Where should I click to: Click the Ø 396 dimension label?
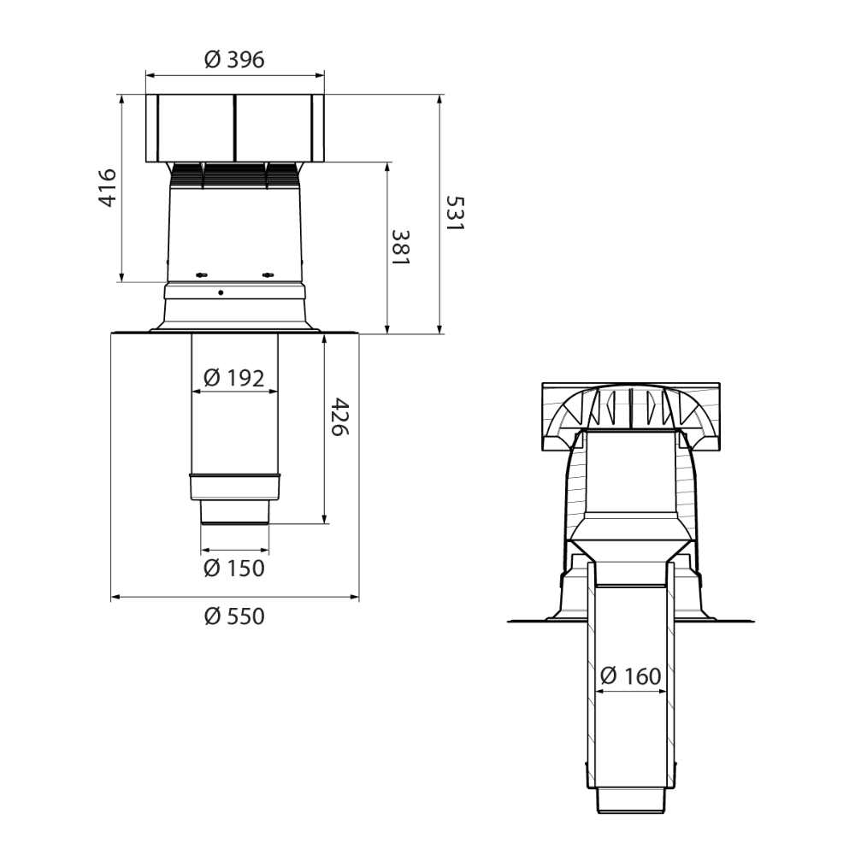[x=234, y=60]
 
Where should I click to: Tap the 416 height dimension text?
[x=107, y=187]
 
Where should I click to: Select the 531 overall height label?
[x=455, y=214]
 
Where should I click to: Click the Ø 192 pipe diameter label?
[x=234, y=376]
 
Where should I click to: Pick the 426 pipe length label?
[x=339, y=417]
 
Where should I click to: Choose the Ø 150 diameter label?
[x=234, y=568]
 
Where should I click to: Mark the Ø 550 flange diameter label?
[x=234, y=616]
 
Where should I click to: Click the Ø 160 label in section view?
[x=630, y=676]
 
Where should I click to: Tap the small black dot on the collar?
[x=221, y=292]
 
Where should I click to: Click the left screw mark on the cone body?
[x=203, y=274]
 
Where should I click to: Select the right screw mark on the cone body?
[x=268, y=274]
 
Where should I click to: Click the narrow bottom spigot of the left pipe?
[x=234, y=514]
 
